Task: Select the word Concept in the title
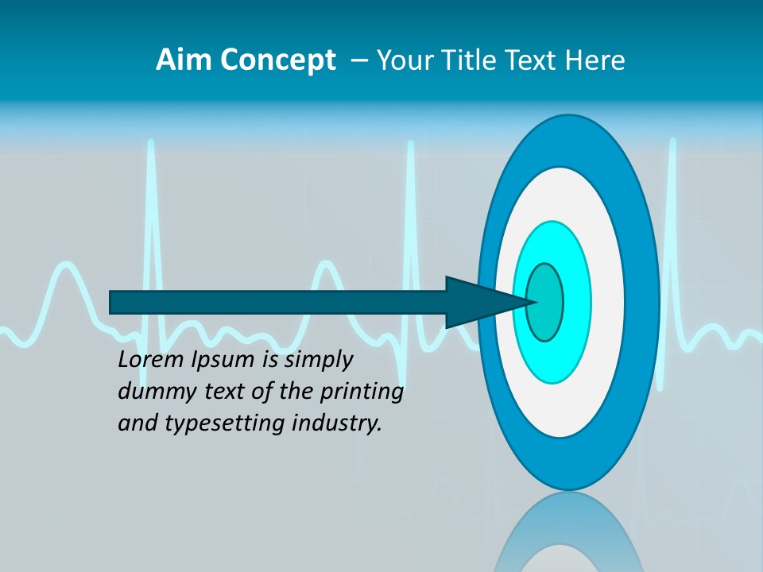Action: pyautogui.click(x=278, y=60)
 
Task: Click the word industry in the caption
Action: pyautogui.click(x=337, y=423)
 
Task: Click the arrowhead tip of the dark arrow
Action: pyautogui.click(x=534, y=302)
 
